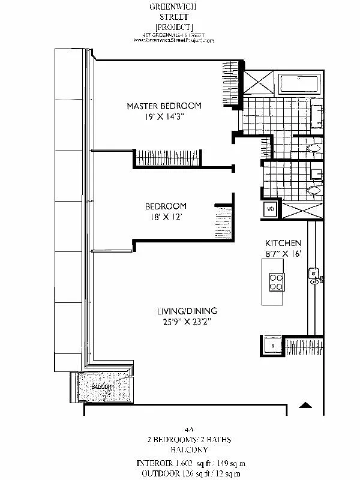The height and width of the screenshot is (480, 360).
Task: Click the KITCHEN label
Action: (x=283, y=243)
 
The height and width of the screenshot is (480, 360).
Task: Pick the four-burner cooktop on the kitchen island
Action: (x=276, y=281)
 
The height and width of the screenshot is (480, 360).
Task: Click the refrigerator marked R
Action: (x=272, y=346)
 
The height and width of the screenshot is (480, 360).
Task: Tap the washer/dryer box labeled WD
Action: (x=270, y=209)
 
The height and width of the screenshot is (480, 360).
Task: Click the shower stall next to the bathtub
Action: (x=259, y=82)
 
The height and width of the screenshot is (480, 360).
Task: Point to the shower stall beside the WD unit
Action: (x=295, y=210)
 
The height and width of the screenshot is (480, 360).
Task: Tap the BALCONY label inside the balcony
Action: (x=103, y=387)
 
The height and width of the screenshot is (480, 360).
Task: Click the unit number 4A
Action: (x=190, y=430)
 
